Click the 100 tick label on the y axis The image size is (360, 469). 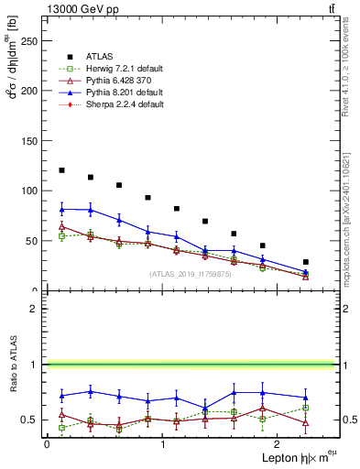[x=30, y=191]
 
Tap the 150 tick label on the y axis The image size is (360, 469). [x=30, y=141]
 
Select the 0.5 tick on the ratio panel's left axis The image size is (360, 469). [x=33, y=420]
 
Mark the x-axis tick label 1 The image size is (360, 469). [x=163, y=444]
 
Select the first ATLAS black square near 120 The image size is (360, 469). [x=61, y=170]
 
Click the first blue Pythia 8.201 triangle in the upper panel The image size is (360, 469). [x=61, y=209]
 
